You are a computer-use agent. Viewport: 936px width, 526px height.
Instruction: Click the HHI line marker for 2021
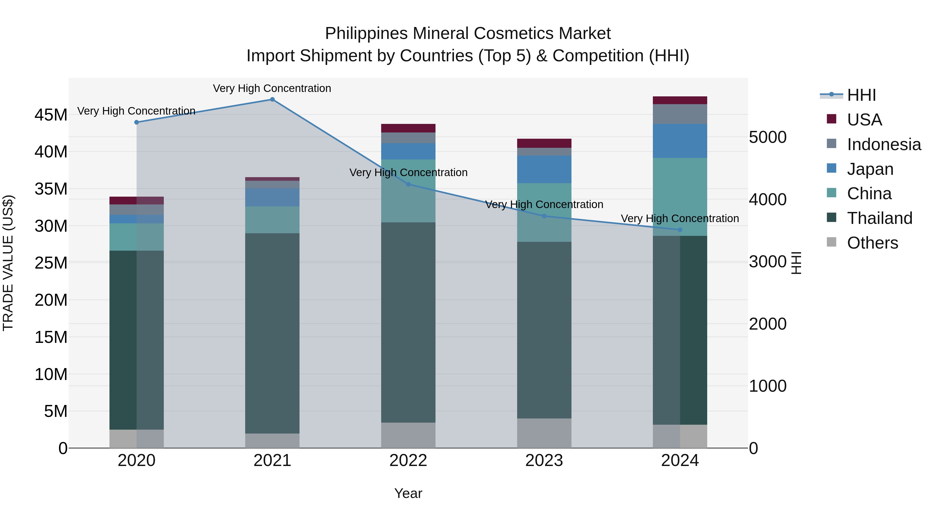[272, 99]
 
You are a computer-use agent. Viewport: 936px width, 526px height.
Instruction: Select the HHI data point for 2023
[544, 216]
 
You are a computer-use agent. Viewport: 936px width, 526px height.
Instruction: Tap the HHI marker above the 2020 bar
[136, 122]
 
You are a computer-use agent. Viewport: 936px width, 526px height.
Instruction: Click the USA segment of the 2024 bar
[680, 100]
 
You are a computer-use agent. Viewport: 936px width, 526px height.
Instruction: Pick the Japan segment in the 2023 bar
[544, 169]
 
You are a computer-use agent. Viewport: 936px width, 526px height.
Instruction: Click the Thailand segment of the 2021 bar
[272, 333]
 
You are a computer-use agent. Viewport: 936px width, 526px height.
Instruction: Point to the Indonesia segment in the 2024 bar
[680, 114]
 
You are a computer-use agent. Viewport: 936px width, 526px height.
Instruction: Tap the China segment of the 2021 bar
[272, 219]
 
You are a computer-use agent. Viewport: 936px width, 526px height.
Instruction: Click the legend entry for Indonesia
[884, 144]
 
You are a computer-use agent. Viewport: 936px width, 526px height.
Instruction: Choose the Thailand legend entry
[879, 218]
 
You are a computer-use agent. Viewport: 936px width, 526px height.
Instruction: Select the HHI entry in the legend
[861, 95]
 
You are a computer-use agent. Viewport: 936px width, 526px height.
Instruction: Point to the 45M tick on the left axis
[51, 115]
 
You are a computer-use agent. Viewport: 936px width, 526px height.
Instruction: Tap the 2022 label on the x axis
[408, 461]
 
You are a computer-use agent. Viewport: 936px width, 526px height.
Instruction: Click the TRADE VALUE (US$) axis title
[8, 263]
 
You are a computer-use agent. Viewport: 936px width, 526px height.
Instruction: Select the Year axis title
[408, 493]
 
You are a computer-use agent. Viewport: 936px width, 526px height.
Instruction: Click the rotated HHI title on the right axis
[796, 263]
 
